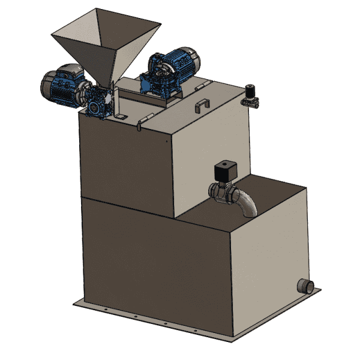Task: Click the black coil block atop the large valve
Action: [x=226, y=170]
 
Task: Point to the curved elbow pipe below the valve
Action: [x=247, y=204]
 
